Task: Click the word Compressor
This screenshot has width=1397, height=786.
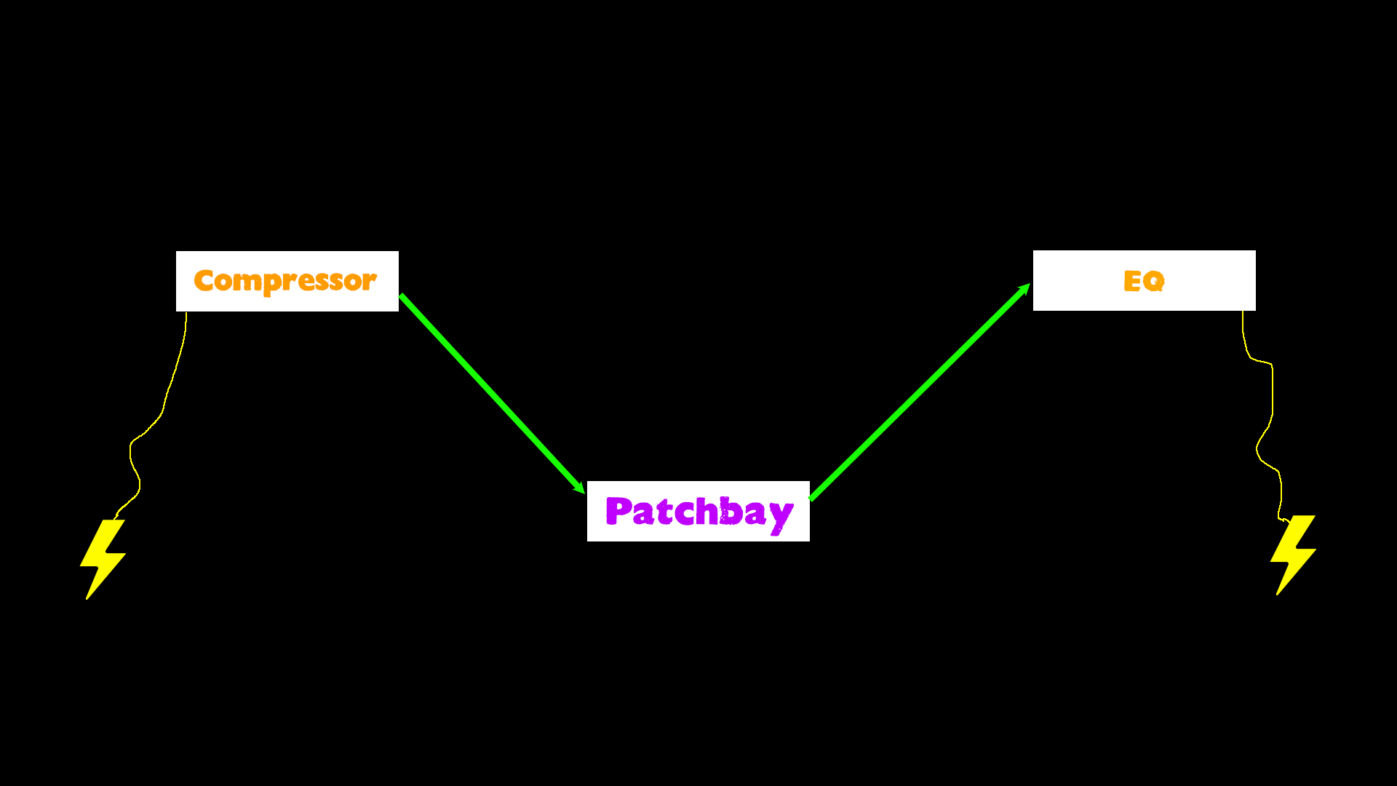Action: point(285,281)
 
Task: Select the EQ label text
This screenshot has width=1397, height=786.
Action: point(1144,281)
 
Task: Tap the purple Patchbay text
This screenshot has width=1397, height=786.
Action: point(698,512)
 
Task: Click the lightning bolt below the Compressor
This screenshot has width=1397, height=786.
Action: point(103,557)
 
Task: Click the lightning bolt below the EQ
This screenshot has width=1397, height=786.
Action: point(1293,554)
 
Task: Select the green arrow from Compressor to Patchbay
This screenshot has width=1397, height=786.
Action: point(492,394)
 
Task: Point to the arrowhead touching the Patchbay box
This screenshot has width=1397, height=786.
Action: point(580,488)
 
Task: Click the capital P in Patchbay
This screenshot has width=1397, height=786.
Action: point(618,510)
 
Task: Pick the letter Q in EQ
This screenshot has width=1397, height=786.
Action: point(1155,281)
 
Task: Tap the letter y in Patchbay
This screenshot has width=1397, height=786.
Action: point(781,515)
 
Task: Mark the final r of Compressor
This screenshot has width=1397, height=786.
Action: point(369,282)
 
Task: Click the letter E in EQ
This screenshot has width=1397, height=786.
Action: point(1132,281)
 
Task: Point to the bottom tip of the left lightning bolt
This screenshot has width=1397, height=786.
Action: point(87,598)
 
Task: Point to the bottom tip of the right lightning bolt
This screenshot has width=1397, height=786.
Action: point(1278,593)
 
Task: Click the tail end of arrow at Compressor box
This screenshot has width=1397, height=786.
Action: point(402,297)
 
